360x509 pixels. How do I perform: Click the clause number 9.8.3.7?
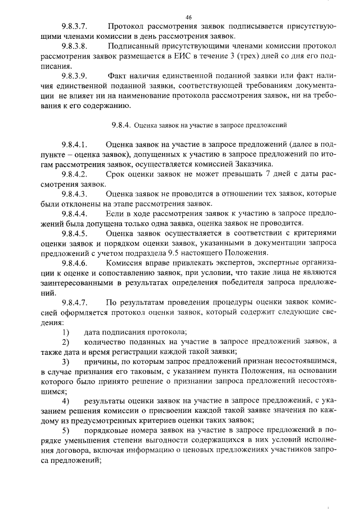pyautogui.click(x=76, y=27)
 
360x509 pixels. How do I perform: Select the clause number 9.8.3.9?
pyautogui.click(x=76, y=76)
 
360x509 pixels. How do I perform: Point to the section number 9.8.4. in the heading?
pyautogui.click(x=121, y=125)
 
